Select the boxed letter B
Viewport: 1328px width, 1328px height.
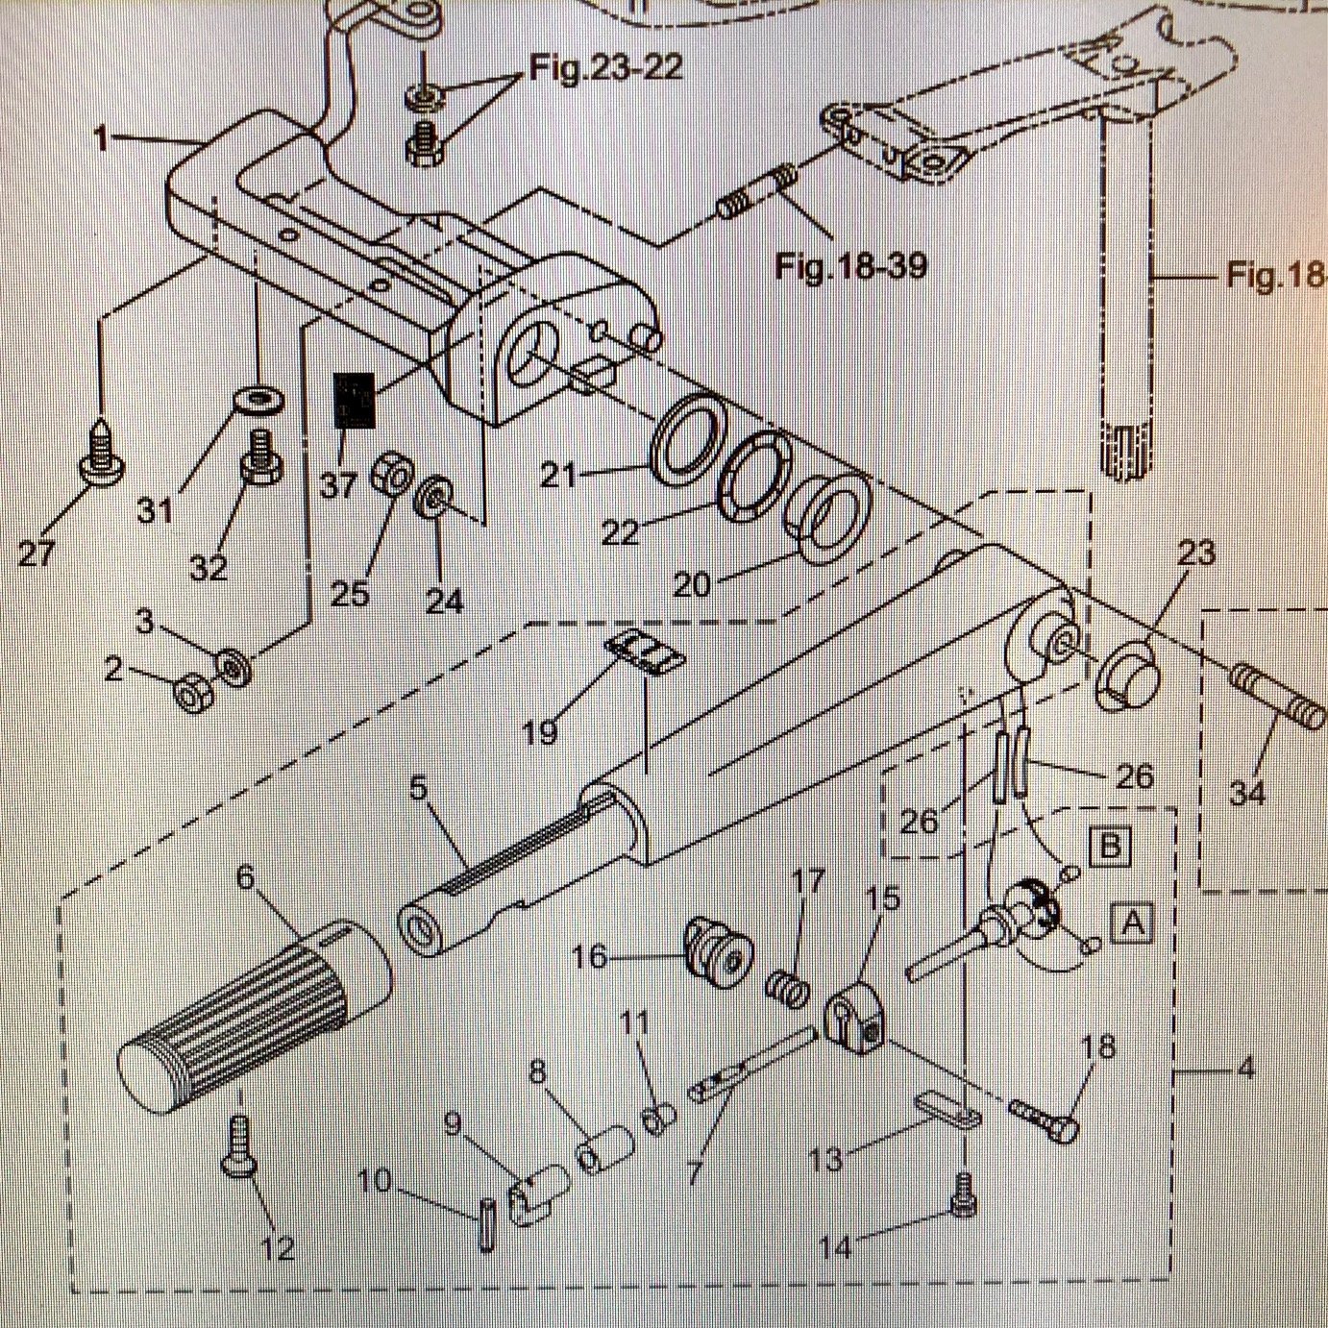click(x=1109, y=847)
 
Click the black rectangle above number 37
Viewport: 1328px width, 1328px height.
click(x=352, y=400)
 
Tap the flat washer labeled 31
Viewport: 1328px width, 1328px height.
click(x=260, y=398)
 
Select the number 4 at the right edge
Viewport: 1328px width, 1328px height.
click(x=1245, y=1068)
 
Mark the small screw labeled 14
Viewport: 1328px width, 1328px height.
click(x=962, y=1195)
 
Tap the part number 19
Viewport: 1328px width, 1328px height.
click(x=540, y=732)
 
